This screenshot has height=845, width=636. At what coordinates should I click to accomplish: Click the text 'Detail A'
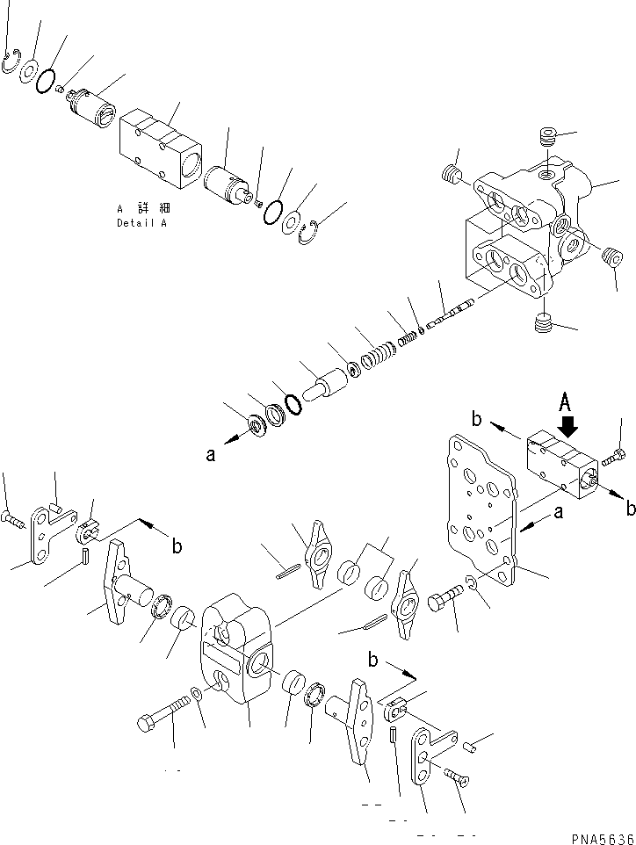pos(140,223)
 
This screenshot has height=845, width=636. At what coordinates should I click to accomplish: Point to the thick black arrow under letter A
pos(567,427)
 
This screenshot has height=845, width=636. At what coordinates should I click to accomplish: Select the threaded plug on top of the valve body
pos(548,140)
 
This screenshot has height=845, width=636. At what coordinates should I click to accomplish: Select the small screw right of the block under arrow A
pos(613,455)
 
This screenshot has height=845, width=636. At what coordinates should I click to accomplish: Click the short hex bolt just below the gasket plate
pos(444,604)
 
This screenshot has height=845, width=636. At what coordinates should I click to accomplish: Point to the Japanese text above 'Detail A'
pos(143,208)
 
